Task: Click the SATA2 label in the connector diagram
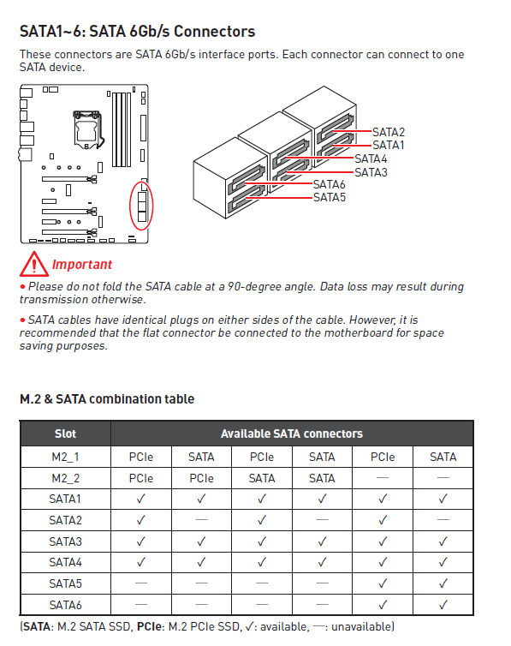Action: pos(389,132)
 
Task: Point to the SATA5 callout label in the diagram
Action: pos(330,197)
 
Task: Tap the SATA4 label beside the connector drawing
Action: pos(371,159)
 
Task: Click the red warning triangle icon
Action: pos(33,264)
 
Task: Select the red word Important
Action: pos(82,265)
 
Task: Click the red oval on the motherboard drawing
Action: pos(130,206)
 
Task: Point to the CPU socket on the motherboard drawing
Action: pos(86,129)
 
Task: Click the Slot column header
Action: pos(65,434)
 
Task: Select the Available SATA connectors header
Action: pos(292,434)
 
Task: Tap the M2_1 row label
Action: pos(65,457)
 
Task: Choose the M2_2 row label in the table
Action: pos(65,478)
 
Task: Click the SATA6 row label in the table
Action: pos(65,605)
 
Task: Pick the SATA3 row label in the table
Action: pos(65,541)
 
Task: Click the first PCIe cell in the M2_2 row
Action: pos(140,478)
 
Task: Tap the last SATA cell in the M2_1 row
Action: pos(443,457)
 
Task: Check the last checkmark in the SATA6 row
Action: pos(443,605)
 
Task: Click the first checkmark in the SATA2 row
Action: pos(140,520)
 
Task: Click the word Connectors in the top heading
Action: pos(214,32)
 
